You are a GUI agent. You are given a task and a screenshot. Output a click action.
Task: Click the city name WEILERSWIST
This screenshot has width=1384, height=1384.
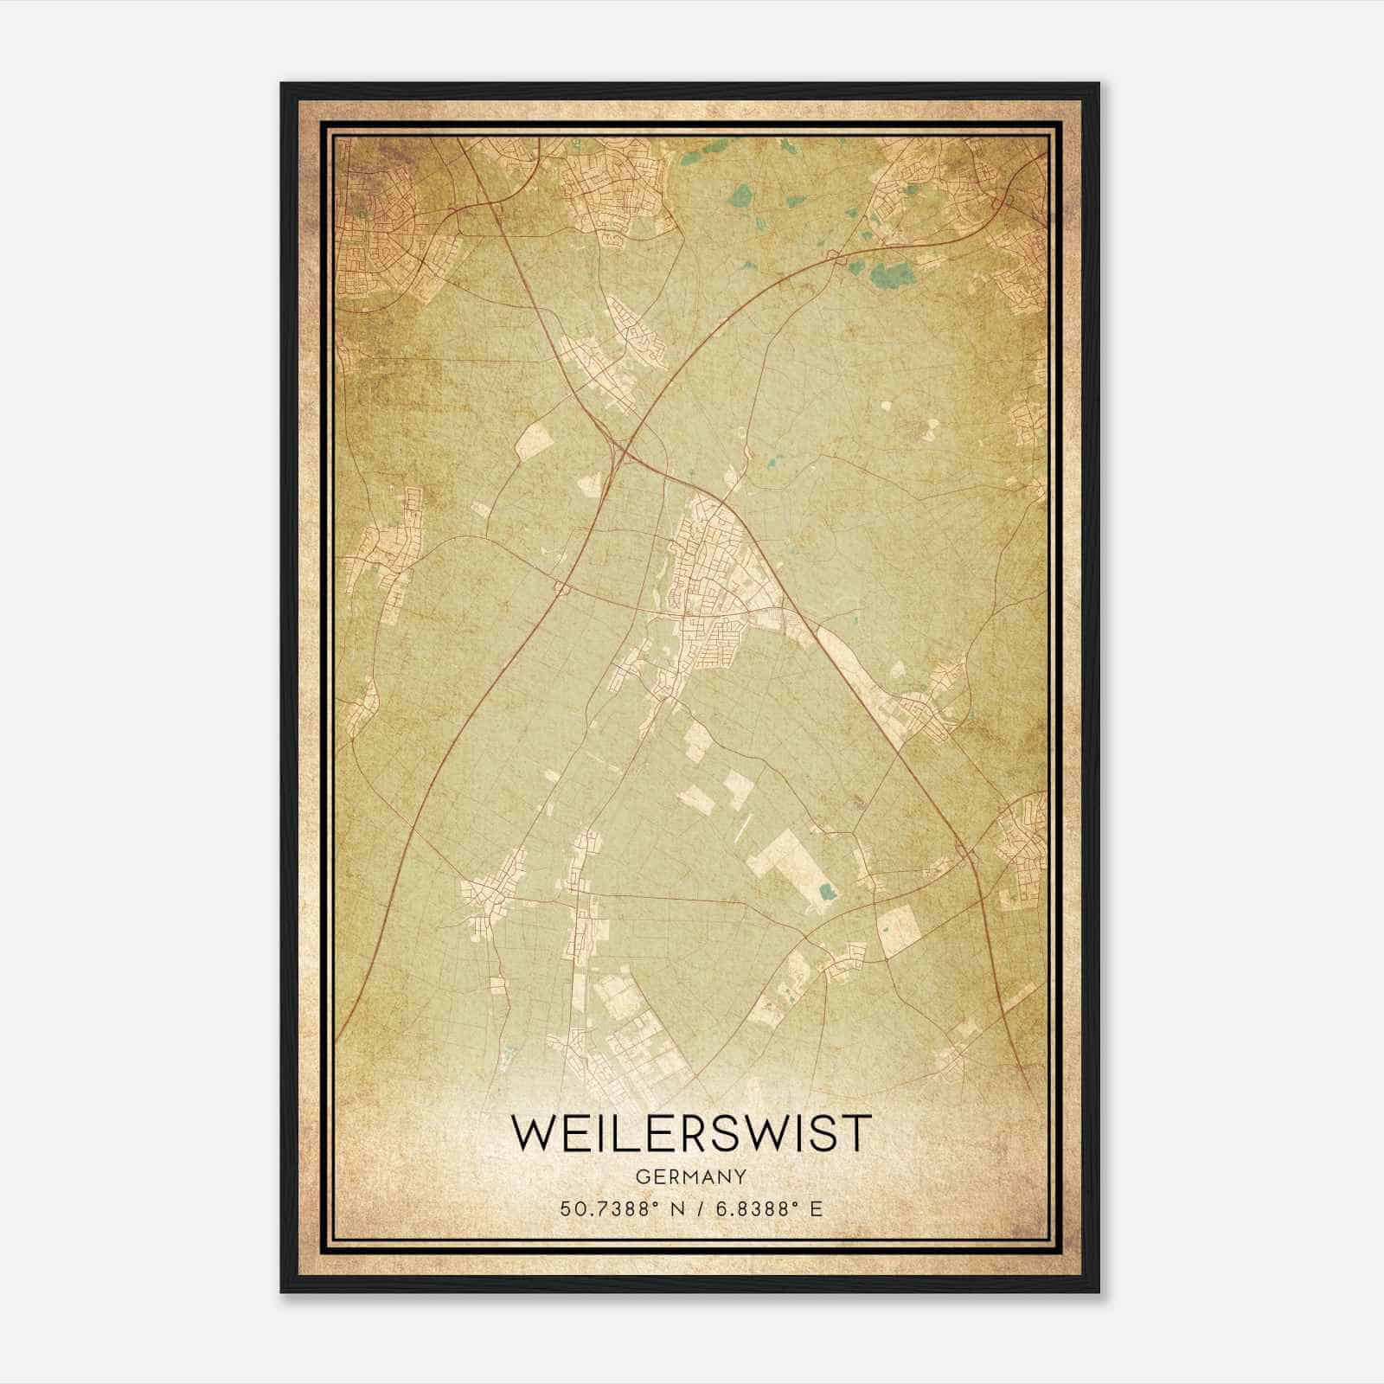tap(691, 1133)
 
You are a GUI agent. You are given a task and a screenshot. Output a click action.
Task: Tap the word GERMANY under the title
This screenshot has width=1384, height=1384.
tap(691, 1176)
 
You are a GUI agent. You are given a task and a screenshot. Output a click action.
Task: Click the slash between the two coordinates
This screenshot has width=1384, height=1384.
tap(697, 1208)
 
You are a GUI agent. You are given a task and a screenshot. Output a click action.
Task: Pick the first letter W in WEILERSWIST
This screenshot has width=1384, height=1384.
tap(535, 1133)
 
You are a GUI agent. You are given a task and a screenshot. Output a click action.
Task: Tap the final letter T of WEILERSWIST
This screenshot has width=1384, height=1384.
tap(854, 1133)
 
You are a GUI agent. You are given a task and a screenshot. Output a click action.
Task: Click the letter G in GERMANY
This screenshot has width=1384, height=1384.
tap(641, 1176)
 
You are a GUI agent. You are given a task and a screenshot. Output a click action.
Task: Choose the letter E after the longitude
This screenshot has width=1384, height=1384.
tap(817, 1208)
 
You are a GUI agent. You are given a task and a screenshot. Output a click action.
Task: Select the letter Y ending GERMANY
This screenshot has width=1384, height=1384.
tap(741, 1176)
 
